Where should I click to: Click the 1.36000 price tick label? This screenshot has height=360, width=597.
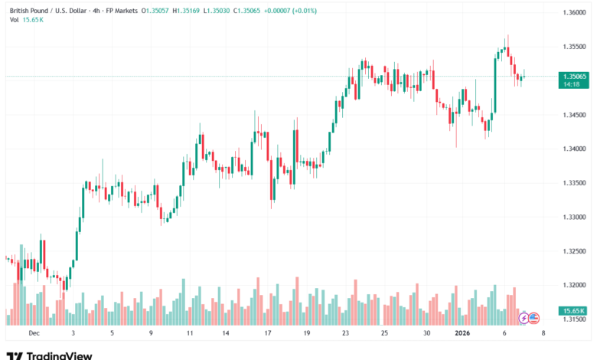pos(574,14)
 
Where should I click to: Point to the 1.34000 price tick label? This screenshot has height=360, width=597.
pos(574,149)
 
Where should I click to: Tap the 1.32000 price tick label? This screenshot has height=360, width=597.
pos(574,285)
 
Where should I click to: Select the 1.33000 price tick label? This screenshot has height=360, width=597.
pos(574,218)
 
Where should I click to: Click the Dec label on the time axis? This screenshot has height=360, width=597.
pos(33,333)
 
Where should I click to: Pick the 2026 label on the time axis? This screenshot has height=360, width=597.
pos(462,333)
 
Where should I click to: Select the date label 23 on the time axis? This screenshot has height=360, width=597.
pos(345,333)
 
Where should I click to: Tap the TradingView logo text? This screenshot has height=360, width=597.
pos(59,355)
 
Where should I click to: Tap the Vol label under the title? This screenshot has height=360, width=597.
pos(14,20)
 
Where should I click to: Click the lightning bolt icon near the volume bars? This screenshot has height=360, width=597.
pos(524,317)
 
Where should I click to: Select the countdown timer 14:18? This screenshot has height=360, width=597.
pos(569,85)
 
